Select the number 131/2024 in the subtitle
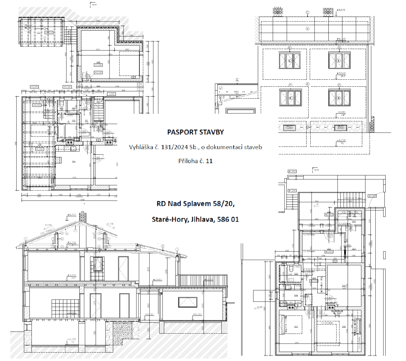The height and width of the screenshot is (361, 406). (174, 147)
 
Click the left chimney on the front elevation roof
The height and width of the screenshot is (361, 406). (278, 11)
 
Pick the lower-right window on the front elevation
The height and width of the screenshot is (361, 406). (339, 98)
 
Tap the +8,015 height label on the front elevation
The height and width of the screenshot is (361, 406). (341, 10)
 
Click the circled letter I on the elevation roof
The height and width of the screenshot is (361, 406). (307, 29)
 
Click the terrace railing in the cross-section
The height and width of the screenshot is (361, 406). (205, 281)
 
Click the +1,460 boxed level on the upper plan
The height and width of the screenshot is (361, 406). (292, 171)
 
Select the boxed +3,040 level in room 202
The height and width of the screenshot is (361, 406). (314, 281)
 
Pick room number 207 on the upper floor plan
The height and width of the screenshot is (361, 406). (296, 326)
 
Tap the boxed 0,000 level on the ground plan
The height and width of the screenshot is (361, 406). (111, 94)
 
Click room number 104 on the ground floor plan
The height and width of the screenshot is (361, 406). (73, 162)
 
